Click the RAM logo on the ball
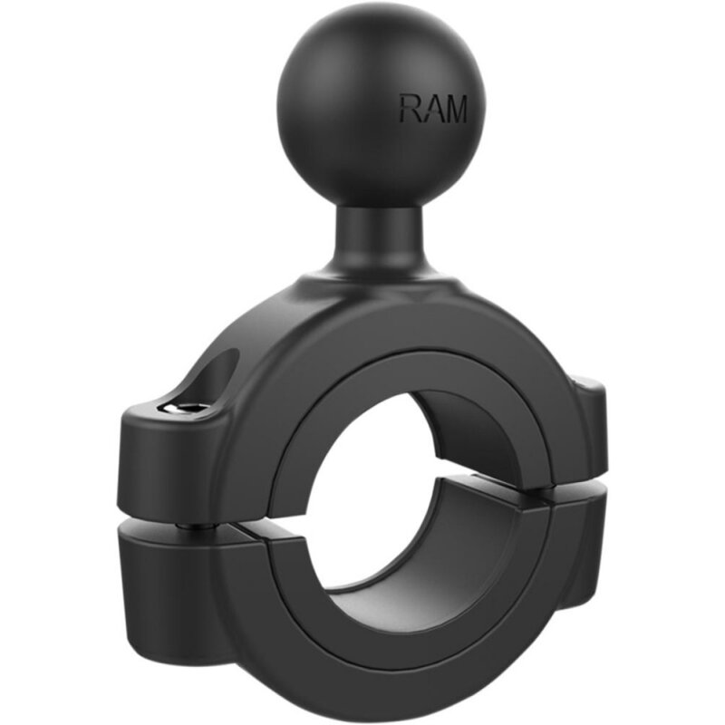(x=432, y=109)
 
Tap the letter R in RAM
(x=409, y=109)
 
